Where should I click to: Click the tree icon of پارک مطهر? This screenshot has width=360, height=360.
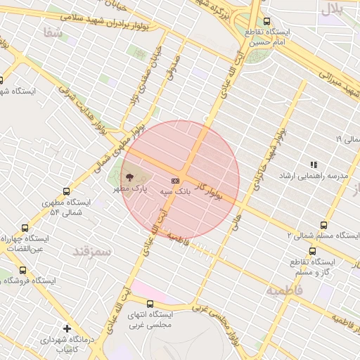tap(128, 176)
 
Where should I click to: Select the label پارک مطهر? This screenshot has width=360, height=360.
tap(134, 189)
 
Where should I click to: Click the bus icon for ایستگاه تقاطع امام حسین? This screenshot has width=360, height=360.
tap(266, 22)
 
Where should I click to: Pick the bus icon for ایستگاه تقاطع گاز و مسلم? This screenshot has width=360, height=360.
tap(312, 251)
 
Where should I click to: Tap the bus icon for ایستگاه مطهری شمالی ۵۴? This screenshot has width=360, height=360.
tap(66, 191)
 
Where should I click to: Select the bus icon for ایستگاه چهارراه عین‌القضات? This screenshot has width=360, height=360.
tap(25, 228)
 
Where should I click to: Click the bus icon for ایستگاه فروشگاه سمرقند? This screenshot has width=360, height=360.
tap(22, 270)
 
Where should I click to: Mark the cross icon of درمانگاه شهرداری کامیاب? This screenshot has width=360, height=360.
tap(67, 328)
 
